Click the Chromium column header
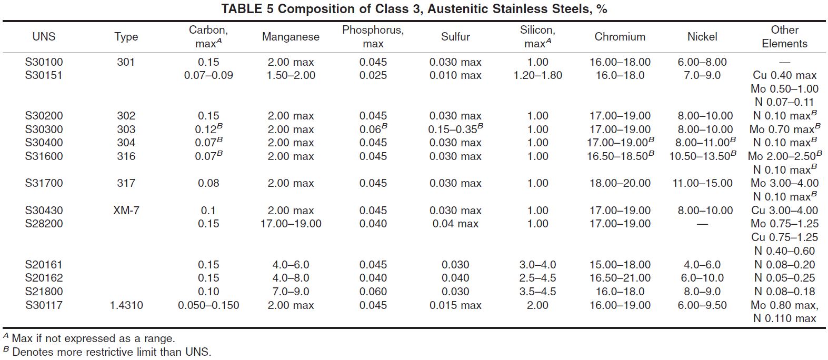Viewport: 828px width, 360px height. (620, 37)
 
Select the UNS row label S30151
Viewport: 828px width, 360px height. (44, 75)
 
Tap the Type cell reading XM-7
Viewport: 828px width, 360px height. (126, 211)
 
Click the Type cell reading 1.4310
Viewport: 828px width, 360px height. (126, 305)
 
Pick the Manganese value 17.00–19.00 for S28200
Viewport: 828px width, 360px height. (291, 224)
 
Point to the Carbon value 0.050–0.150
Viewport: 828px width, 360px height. (208, 305)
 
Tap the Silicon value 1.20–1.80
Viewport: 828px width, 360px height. (537, 75)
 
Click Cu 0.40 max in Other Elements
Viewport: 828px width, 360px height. (784, 75)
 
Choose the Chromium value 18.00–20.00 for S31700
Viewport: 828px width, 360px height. (620, 183)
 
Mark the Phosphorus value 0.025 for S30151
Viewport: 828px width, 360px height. (373, 75)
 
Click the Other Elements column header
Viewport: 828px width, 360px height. (784, 37)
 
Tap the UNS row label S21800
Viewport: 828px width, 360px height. (44, 292)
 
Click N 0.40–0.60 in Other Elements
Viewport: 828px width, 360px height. (784, 251)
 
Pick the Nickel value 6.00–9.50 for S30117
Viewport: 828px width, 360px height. (702, 305)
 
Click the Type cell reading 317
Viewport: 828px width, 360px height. (126, 183)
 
